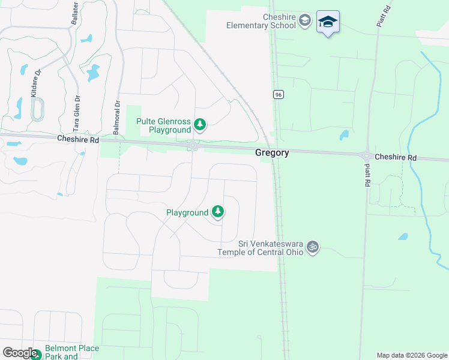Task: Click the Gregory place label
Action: click(272, 153)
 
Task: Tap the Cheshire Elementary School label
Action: click(261, 21)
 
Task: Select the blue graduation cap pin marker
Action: click(328, 23)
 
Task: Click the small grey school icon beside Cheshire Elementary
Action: click(305, 21)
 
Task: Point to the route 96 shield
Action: click(277, 95)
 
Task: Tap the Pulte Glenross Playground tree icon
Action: click(200, 125)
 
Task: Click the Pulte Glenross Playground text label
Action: click(163, 125)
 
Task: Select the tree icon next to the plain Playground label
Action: click(218, 212)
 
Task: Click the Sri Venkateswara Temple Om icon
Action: click(312, 247)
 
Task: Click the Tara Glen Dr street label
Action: click(76, 113)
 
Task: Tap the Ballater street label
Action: click(76, 13)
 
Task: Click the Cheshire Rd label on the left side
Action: click(78, 139)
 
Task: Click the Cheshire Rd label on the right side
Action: click(396, 157)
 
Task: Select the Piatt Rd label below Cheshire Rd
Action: click(366, 175)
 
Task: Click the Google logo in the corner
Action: click(20, 352)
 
